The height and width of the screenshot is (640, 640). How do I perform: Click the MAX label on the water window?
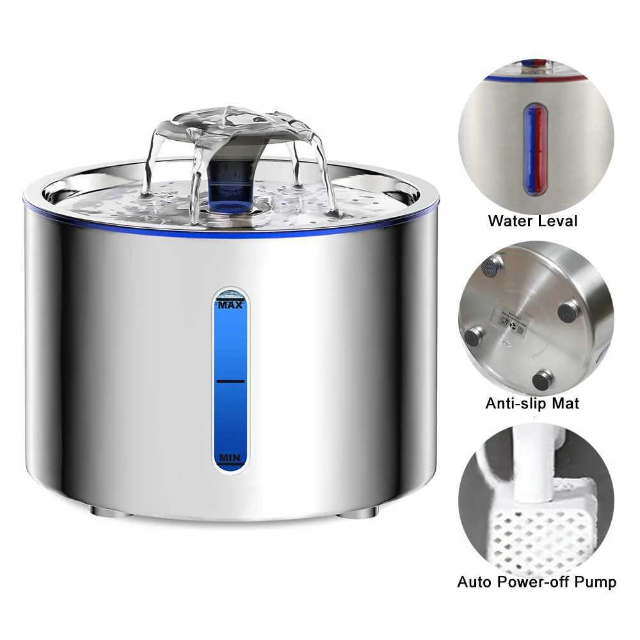click(230, 306)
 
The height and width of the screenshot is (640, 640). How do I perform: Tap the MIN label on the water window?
click(230, 458)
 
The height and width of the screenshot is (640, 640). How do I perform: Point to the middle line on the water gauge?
click(230, 381)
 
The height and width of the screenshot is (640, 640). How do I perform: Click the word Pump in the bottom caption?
click(596, 582)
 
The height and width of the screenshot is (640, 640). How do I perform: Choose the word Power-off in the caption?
click(534, 582)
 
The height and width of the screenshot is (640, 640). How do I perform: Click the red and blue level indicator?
click(536, 150)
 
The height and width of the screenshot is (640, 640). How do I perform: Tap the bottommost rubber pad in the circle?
click(542, 380)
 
